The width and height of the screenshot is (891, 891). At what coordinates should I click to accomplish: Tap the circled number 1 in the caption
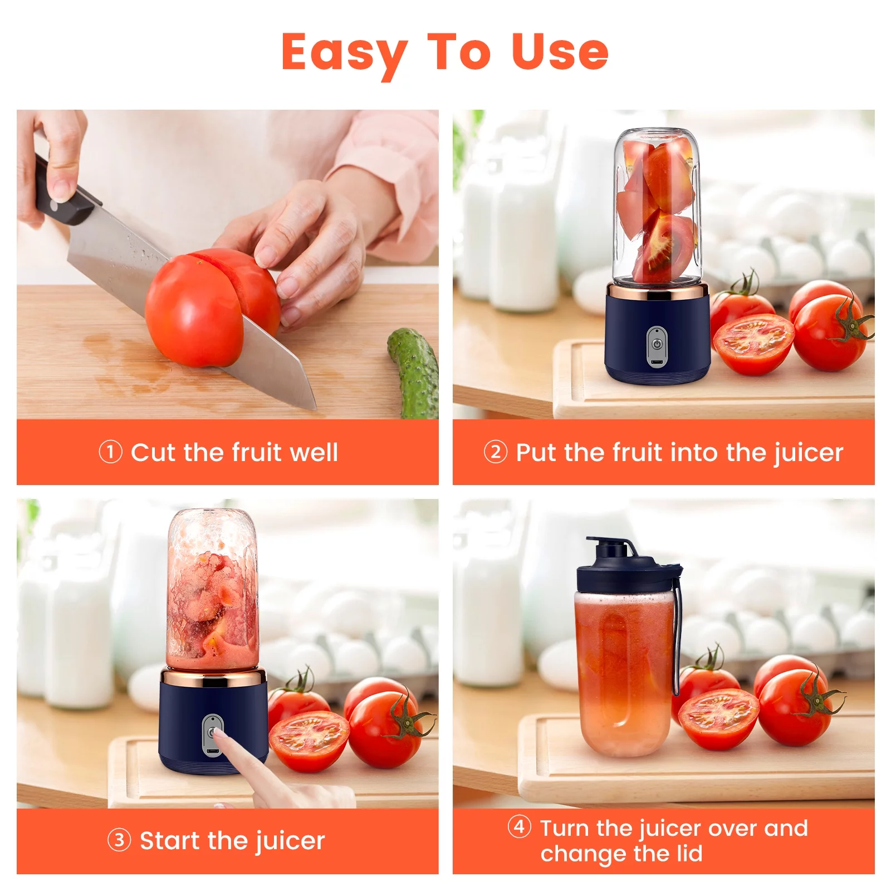click(x=110, y=452)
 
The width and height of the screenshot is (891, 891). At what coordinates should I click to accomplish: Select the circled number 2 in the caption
click(x=495, y=452)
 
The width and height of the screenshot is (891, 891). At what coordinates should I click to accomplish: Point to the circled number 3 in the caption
click(x=119, y=840)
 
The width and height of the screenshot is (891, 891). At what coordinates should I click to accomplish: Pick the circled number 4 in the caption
click(x=519, y=826)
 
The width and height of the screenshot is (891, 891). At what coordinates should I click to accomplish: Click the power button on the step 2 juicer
click(x=657, y=345)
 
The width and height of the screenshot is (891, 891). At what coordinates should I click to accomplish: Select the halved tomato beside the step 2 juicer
click(x=753, y=343)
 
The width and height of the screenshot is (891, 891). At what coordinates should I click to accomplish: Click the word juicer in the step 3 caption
click(x=288, y=841)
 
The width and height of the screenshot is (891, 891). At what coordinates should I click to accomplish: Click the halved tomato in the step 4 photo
click(x=718, y=719)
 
